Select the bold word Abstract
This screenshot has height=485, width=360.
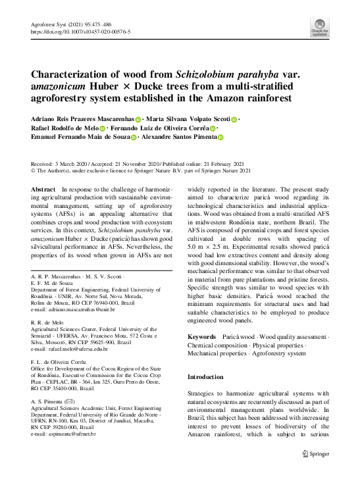(x=43, y=189)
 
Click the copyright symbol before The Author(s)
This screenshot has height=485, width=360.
(x=34, y=170)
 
